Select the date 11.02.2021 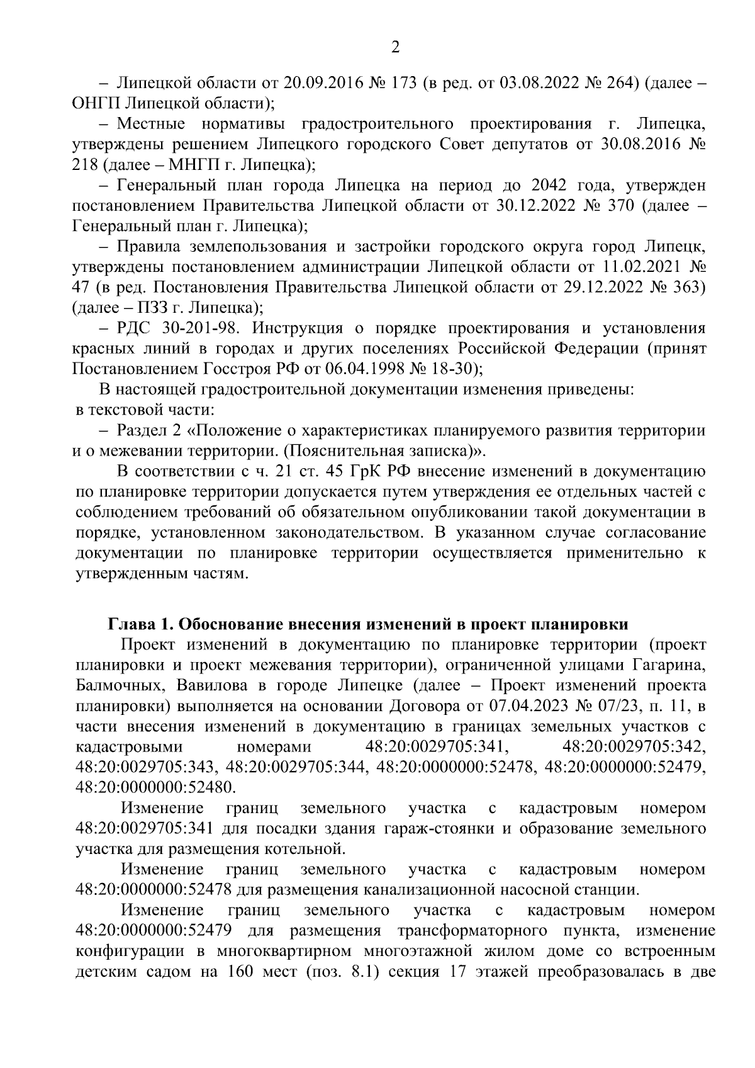[x=634, y=267]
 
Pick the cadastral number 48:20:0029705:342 [x=634, y=747]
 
